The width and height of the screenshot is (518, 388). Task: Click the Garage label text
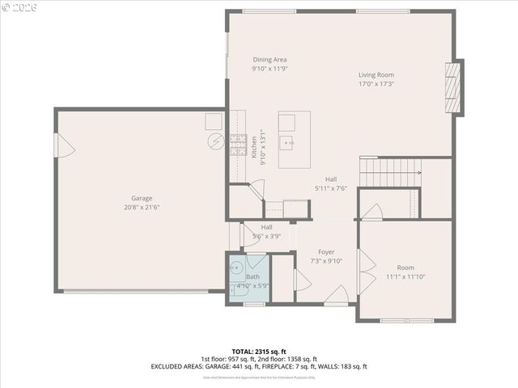tap(142, 198)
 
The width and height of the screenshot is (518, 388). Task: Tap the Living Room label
tap(376, 75)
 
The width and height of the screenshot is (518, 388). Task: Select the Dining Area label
tap(270, 60)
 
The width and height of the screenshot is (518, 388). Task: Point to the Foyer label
tap(326, 251)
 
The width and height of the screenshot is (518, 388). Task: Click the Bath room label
tap(253, 277)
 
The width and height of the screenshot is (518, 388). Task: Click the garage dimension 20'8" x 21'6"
tap(142, 207)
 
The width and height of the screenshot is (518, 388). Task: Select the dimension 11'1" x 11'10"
tap(405, 276)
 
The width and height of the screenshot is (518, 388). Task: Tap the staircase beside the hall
tap(389, 172)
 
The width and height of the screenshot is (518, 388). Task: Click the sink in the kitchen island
tap(287, 143)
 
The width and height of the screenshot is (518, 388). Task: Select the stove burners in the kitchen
tap(237, 145)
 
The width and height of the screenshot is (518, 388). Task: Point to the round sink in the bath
tap(236, 267)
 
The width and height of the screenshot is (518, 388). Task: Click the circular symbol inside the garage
tap(216, 141)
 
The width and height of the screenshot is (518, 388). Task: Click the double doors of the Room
tap(366, 272)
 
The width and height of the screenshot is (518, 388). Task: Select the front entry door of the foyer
tap(338, 295)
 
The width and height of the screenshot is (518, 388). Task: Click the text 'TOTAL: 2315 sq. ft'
tap(258, 352)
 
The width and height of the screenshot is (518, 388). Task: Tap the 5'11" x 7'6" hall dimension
tap(330, 188)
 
